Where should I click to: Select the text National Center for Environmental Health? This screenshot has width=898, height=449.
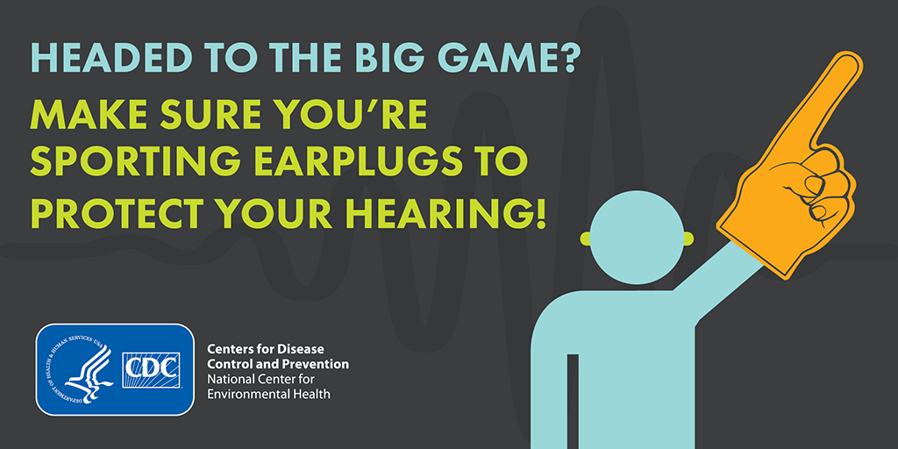[x=268, y=387]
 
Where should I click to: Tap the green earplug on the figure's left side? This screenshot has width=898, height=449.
[x=585, y=237]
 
